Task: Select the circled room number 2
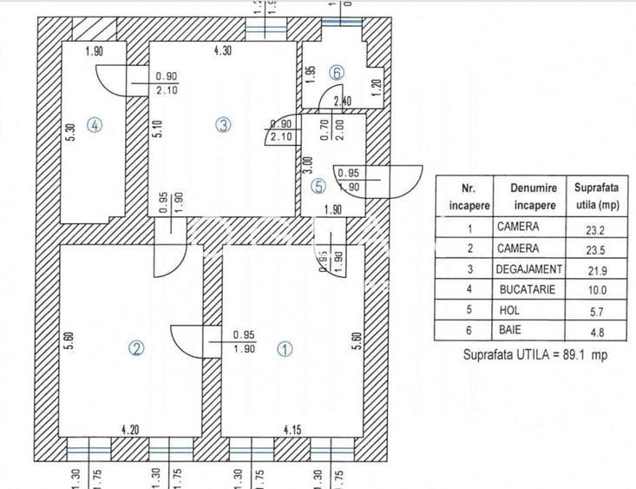coord(136,348)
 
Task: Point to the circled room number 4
coord(96,124)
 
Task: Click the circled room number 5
coord(318,185)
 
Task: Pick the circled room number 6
coord(337,72)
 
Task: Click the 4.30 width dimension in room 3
coord(223,51)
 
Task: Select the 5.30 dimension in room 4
coord(71,132)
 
